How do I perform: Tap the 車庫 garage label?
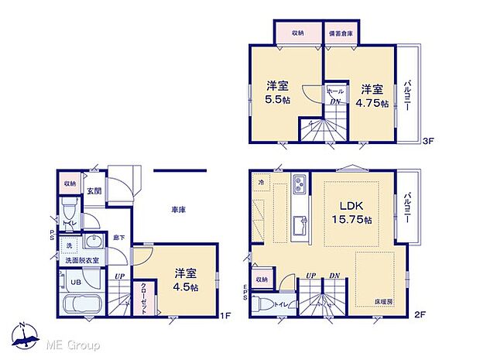click(x=177, y=209)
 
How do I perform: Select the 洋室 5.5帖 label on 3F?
click(x=279, y=94)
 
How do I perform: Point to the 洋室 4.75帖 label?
click(x=372, y=97)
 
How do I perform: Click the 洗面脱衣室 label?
click(x=81, y=261)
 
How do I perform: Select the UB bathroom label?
click(x=67, y=283)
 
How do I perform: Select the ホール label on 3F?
click(x=335, y=91)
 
